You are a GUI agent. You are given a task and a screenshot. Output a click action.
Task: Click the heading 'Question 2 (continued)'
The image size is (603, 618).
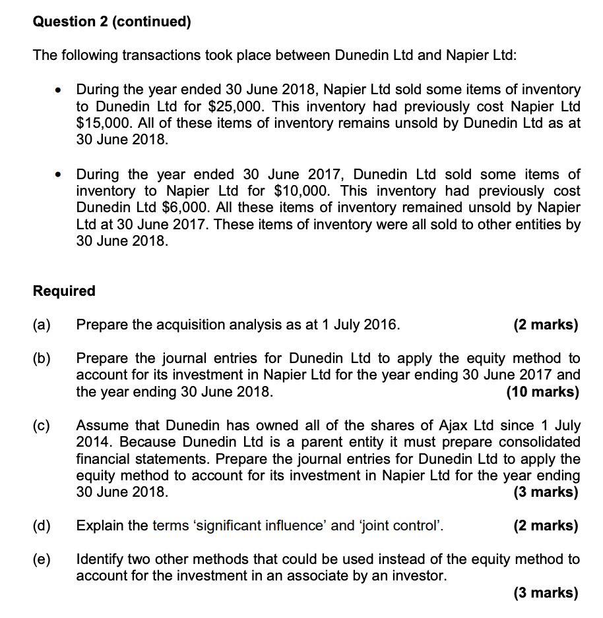(111, 22)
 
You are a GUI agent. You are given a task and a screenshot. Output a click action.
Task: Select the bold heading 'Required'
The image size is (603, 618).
(64, 291)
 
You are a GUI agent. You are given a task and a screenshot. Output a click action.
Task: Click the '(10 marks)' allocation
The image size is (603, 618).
(542, 392)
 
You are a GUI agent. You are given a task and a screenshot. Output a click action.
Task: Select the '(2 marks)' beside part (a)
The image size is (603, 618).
(546, 325)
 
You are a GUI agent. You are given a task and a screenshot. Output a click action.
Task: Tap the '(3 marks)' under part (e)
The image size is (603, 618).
(546, 593)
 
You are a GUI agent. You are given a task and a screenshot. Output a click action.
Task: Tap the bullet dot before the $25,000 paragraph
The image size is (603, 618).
(61, 90)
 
